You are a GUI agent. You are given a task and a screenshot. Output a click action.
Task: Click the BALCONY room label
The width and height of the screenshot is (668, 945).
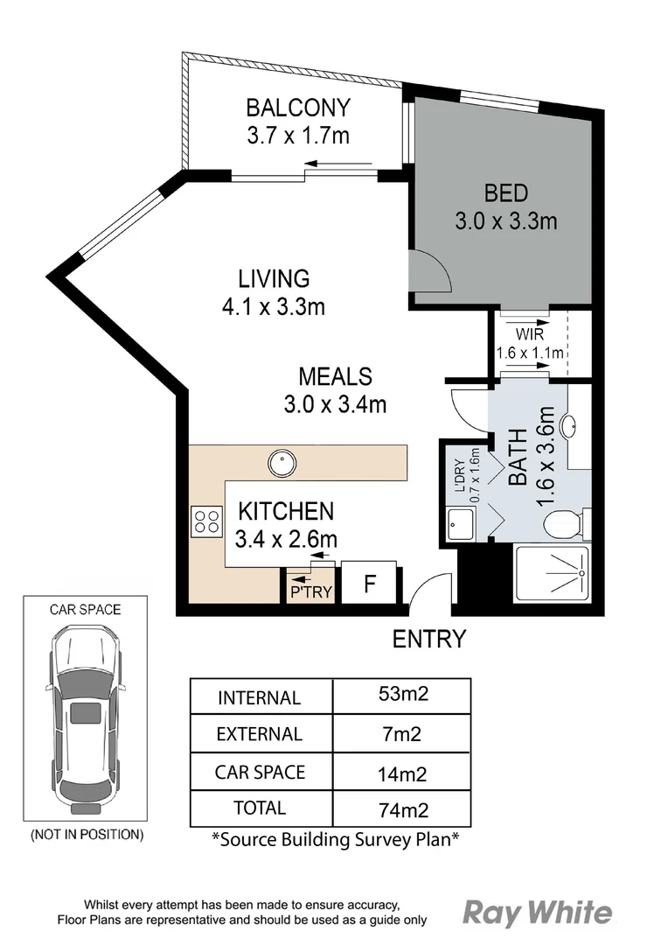[298, 108]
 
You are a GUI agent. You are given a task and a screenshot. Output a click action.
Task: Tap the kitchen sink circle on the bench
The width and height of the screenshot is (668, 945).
[282, 464]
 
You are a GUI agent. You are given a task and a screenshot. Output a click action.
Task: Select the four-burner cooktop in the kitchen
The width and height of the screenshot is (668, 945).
[206, 521]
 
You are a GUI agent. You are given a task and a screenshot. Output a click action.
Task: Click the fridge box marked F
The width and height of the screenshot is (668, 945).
[369, 583]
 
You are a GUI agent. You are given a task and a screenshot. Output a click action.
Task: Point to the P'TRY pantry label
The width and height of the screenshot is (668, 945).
[310, 591]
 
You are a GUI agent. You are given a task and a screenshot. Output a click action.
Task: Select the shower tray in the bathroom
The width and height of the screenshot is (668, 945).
[553, 573]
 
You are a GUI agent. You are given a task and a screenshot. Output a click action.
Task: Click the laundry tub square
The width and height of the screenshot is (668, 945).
[461, 524]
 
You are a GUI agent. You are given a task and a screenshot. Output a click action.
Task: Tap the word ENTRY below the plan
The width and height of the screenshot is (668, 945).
[429, 639]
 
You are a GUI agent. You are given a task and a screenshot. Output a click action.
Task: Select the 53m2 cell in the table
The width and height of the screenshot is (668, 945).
[403, 694]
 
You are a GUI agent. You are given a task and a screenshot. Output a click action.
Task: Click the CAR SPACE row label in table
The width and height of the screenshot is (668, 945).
[261, 772]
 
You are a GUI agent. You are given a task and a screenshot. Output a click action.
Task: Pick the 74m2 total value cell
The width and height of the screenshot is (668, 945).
[403, 809]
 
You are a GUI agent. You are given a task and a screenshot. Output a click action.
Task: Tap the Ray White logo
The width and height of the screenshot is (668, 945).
[538, 913]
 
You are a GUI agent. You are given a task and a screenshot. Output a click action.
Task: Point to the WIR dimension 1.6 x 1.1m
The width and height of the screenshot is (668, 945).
[530, 353]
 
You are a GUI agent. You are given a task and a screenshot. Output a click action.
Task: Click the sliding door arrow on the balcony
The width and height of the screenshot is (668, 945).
[337, 163]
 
